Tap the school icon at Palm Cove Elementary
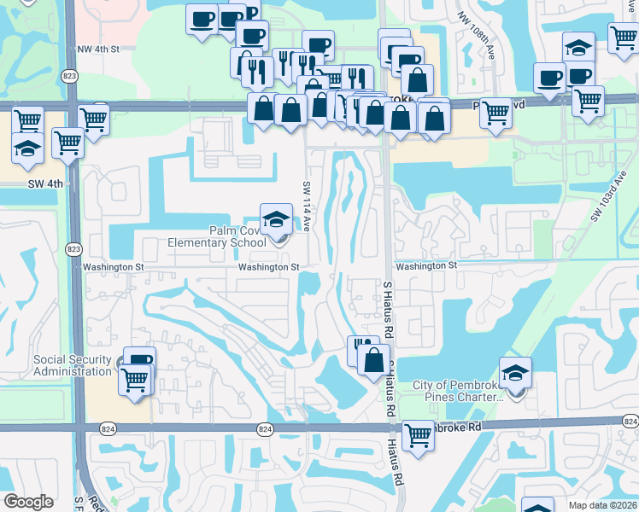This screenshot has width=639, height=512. (x=276, y=219)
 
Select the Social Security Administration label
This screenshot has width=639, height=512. (x=72, y=365)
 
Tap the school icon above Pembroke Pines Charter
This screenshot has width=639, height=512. (x=516, y=372)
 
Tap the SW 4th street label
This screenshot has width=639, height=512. (x=44, y=183)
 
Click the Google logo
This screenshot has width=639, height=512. (x=28, y=502)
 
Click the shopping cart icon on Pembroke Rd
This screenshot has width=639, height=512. (x=418, y=435)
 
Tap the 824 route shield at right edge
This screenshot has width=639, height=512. (x=630, y=422)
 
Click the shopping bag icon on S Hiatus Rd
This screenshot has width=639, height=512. (x=372, y=359)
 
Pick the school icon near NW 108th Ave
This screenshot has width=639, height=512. (x=578, y=47)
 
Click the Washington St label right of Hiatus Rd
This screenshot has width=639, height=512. (x=426, y=266)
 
